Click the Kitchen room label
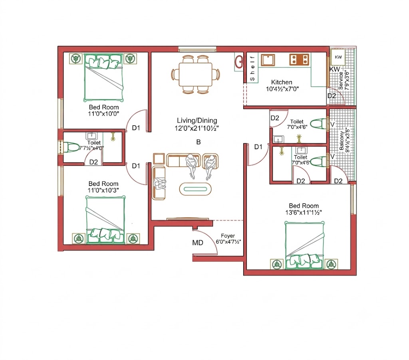282,82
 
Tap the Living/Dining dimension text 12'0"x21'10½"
197,128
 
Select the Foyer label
228,235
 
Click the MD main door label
197,243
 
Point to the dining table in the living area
195,74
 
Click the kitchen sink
268,60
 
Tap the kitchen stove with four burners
299,59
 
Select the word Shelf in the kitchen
252,68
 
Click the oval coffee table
195,189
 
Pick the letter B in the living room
199,142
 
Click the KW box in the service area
338,57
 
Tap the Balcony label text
341,140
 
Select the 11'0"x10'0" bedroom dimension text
103,114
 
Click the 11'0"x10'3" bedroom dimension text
103,190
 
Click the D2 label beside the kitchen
332,96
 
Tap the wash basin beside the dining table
239,62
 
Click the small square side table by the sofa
159,159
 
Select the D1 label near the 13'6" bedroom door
258,147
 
